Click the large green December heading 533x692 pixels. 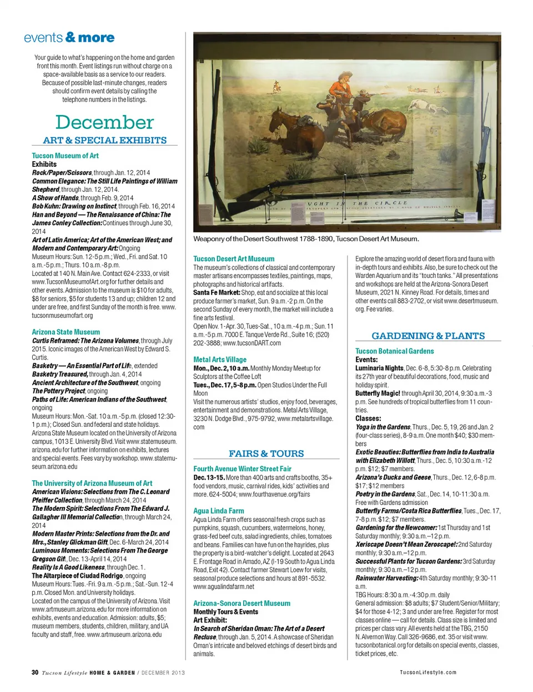(104, 122)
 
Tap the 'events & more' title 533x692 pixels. (69, 38)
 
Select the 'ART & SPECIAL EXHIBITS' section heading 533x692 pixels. (104, 140)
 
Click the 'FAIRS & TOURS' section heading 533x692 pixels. (266, 454)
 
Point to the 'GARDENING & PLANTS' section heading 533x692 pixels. (428, 336)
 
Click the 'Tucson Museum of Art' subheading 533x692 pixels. (65, 156)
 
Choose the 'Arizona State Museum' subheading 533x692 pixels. (66, 332)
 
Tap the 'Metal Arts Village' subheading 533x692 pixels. (220, 360)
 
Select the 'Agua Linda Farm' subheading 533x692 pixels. (219, 511)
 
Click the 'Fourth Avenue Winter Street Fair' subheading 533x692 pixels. (242, 469)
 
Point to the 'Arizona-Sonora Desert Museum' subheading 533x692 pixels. (242, 603)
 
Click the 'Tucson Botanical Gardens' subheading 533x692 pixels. (394, 351)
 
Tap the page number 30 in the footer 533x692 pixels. (35, 672)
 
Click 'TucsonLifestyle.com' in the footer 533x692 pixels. (428, 673)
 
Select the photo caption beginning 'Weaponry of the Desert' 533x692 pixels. (305, 239)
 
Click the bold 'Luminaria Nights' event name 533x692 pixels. (379, 368)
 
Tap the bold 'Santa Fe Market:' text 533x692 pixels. (217, 292)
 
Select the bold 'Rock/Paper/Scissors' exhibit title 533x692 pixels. (62, 173)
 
